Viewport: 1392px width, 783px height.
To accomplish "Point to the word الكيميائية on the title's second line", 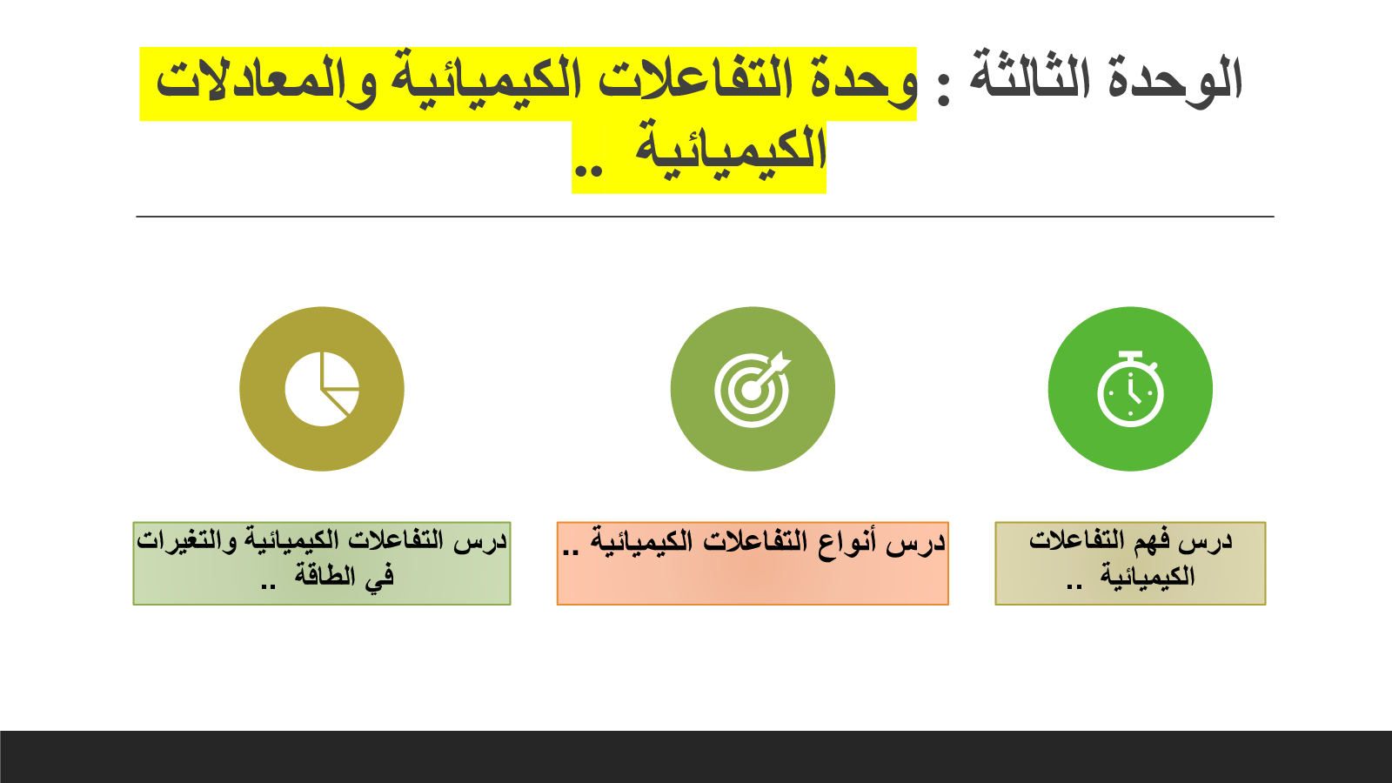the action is pos(731,148).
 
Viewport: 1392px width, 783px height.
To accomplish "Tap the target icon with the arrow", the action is pos(753,389).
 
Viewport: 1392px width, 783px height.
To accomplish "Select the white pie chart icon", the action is pos(322,389).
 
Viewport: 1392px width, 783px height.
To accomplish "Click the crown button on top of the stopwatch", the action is pos(1129,356).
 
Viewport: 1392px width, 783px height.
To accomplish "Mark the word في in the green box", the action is pos(379,576).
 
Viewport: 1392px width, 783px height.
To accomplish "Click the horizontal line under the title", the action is pos(705,217).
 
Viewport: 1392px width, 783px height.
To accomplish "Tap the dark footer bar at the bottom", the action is pos(696,757).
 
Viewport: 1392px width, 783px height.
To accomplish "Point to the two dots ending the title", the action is pos(588,171).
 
